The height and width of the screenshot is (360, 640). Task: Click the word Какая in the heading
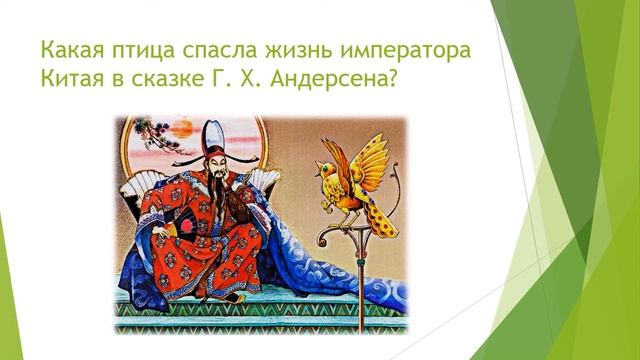pyautogui.click(x=64, y=49)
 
